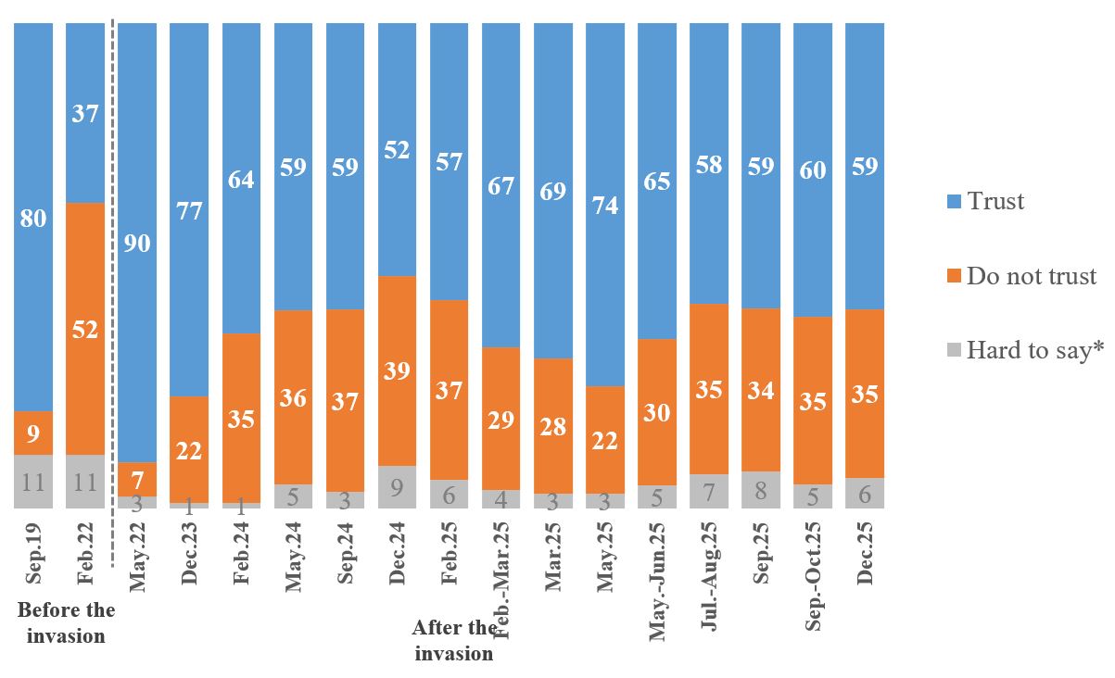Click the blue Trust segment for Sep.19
pyautogui.click(x=33, y=218)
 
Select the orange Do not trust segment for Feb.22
pyautogui.click(x=85, y=329)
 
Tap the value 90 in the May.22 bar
pyautogui.click(x=137, y=245)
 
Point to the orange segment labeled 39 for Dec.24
pyautogui.click(x=397, y=370)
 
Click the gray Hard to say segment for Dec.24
pyautogui.click(x=397, y=487)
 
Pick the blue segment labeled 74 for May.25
pyautogui.click(x=605, y=205)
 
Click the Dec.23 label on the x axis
pyautogui.click(x=189, y=556)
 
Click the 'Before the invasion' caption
pyautogui.click(x=66, y=622)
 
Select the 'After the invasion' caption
pyautogui.click(x=454, y=640)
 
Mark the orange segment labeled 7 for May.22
pyautogui.click(x=137, y=479)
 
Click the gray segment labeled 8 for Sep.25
pyautogui.click(x=761, y=490)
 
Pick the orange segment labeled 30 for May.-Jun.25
pyautogui.click(x=657, y=412)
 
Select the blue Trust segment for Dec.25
pyautogui.click(x=865, y=167)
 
